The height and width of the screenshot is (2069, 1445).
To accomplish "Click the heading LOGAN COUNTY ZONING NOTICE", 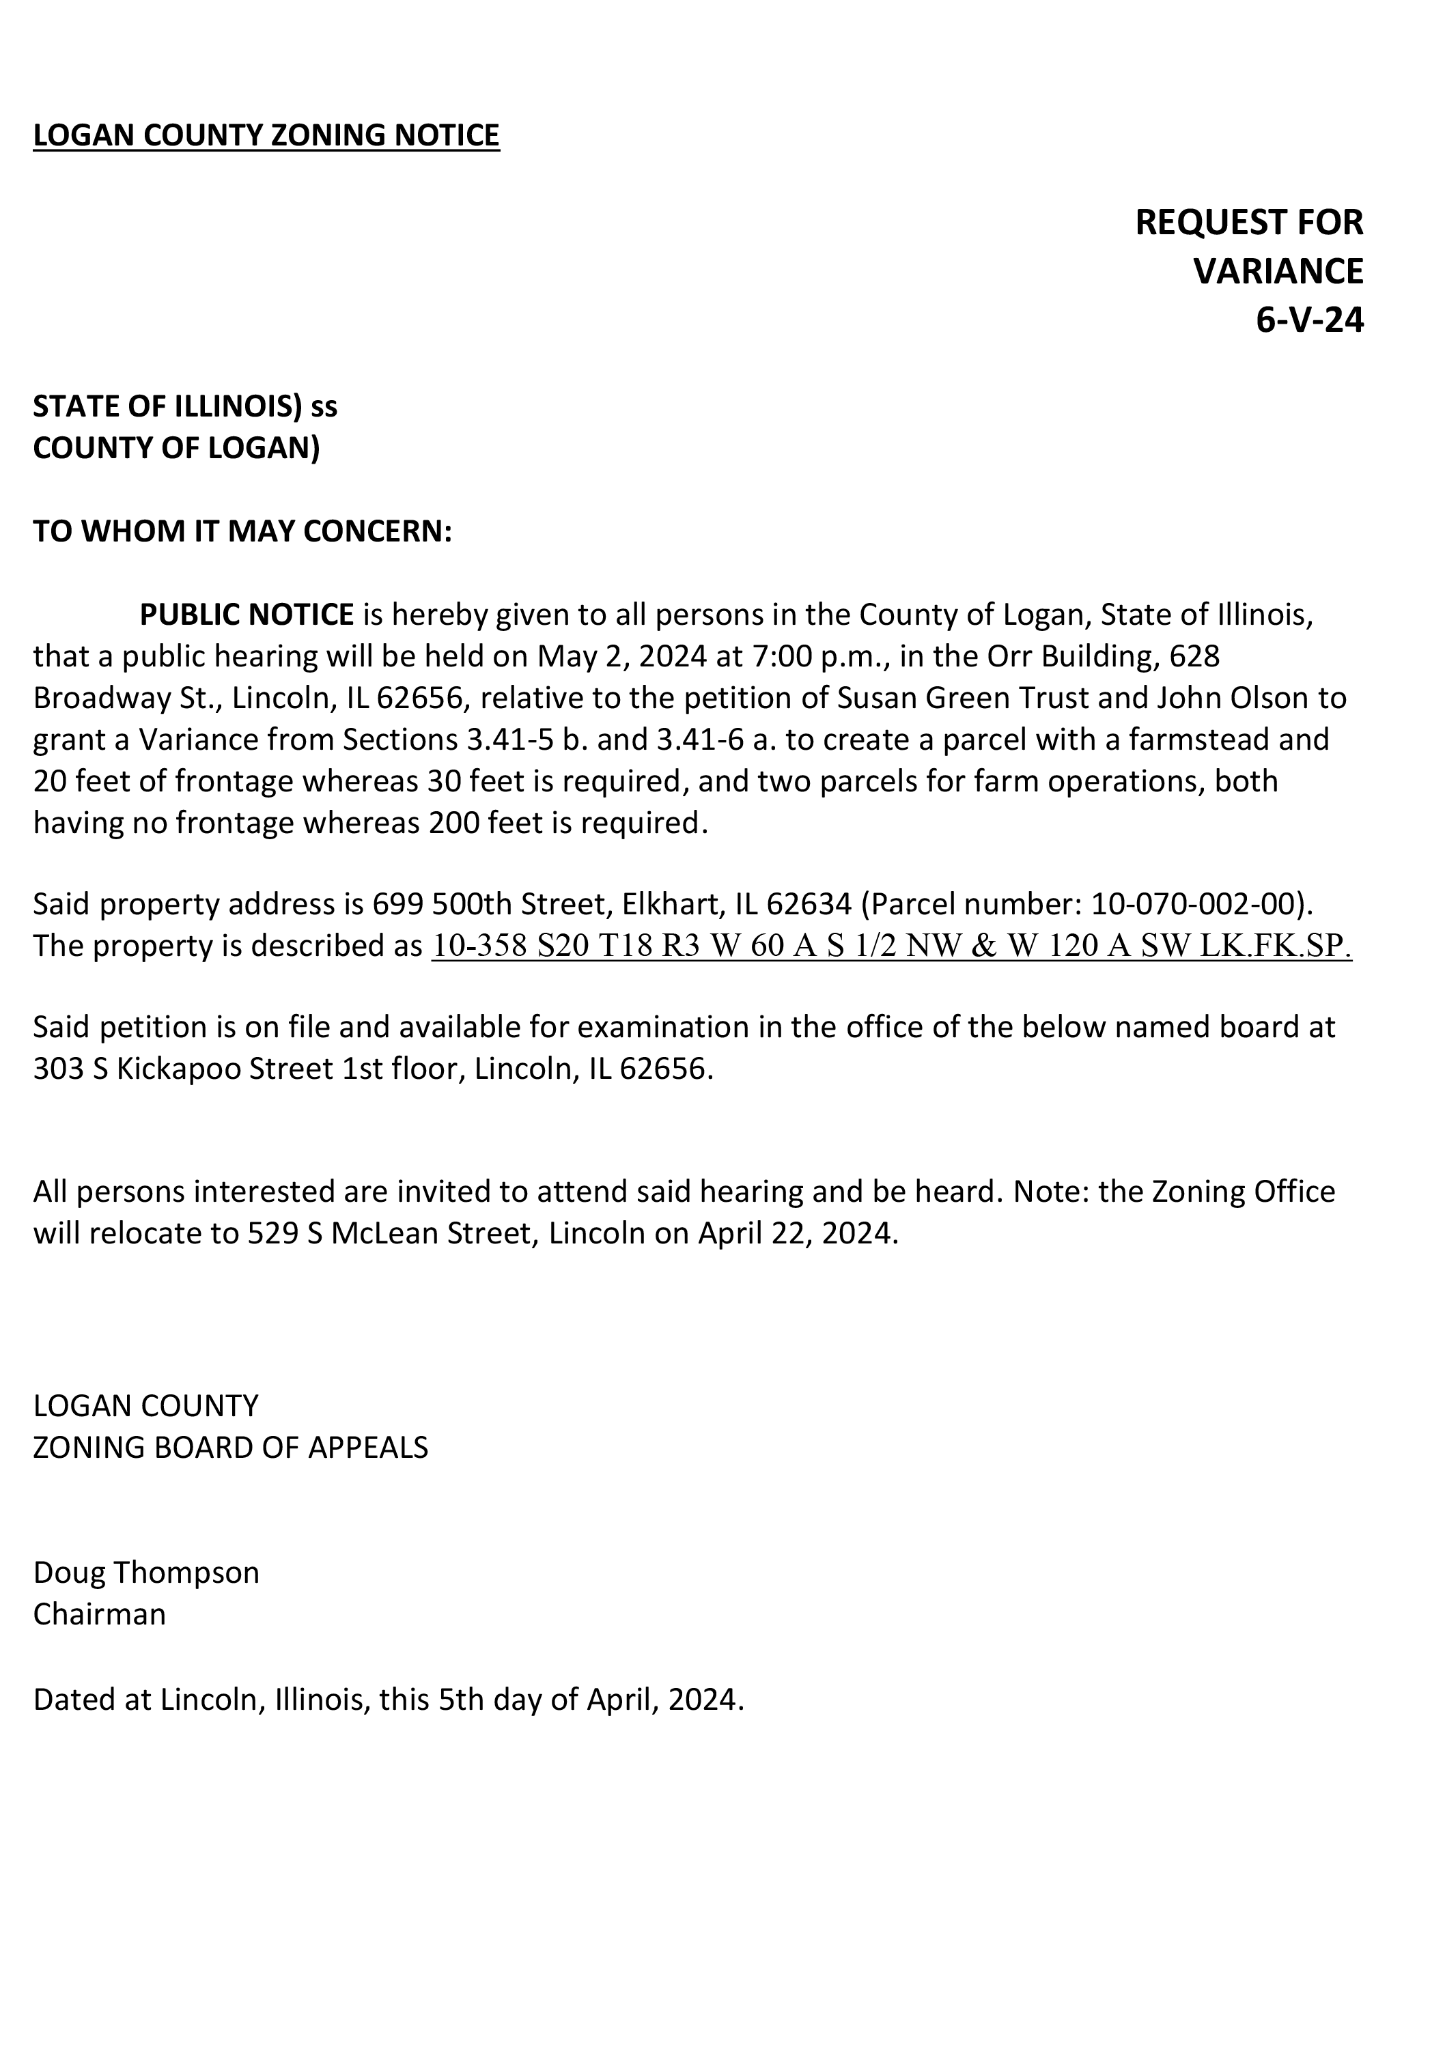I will click(x=266, y=135).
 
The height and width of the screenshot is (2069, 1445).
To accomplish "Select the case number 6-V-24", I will click(x=1309, y=320).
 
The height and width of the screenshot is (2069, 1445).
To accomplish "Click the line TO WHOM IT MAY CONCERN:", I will click(x=242, y=532).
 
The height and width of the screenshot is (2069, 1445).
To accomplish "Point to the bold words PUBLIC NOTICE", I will click(x=246, y=615).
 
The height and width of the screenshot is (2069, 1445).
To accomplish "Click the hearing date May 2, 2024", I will click(x=622, y=656).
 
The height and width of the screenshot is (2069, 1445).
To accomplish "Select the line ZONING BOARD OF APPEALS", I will click(x=231, y=1447).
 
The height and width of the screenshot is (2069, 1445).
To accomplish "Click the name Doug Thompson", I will click(x=146, y=1573).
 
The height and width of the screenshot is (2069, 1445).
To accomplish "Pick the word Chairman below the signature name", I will click(x=100, y=1614).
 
